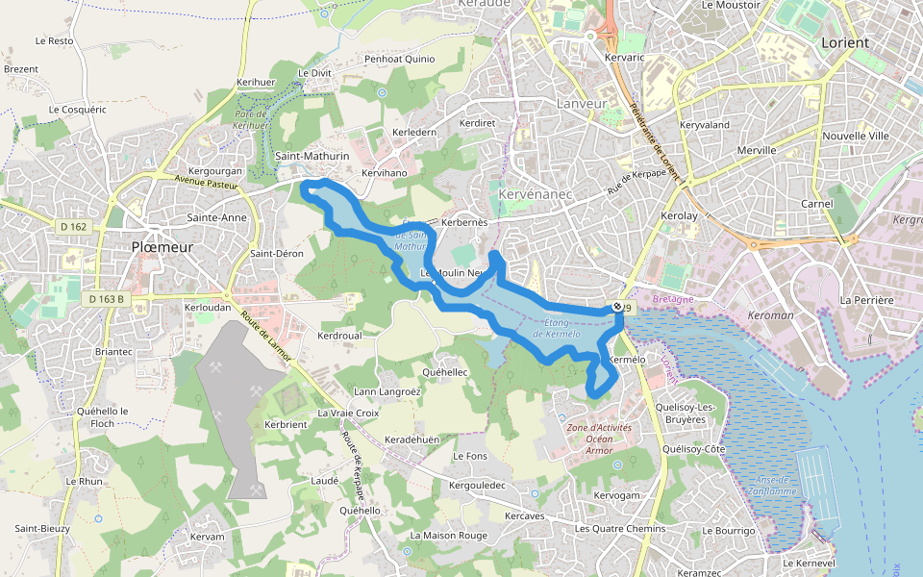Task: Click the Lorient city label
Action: pos(845,43)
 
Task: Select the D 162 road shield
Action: pos(72,227)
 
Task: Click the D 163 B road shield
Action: pos(107,299)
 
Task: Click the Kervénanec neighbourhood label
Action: pos(536,195)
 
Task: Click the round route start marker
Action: pos(617,307)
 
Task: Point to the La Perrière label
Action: pos(866,300)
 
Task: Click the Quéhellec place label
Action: pos(445,371)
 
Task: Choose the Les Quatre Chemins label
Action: pos(619,529)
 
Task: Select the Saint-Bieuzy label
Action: pos(40,528)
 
